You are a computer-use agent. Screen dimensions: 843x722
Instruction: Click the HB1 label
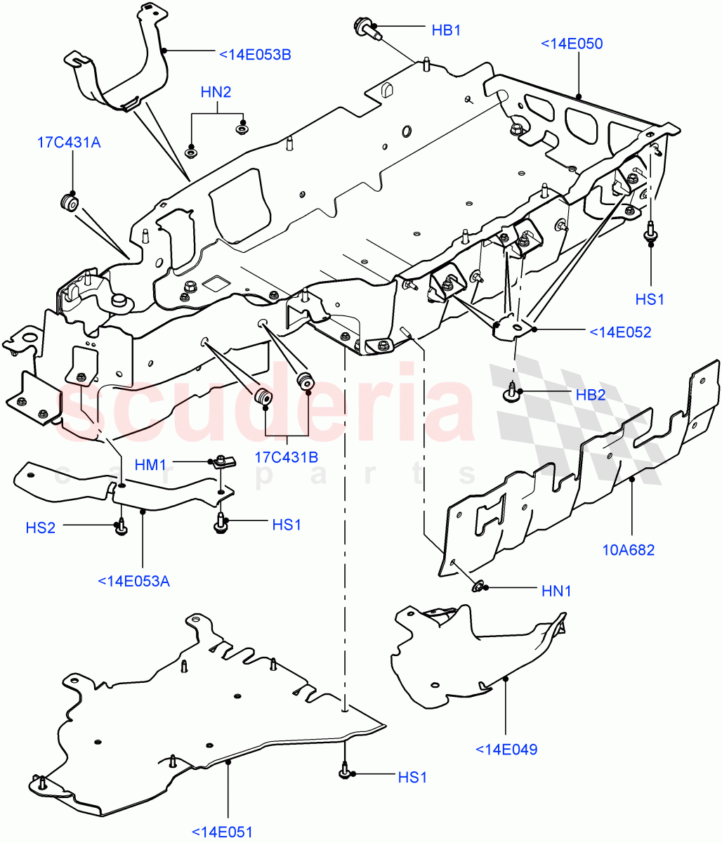445,31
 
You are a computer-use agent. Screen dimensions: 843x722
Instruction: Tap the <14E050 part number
572,44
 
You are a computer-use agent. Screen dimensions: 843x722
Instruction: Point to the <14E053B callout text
255,53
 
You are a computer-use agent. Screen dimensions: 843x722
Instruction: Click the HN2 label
216,92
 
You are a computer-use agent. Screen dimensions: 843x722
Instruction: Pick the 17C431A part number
69,143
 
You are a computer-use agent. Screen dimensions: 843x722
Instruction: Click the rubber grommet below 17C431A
69,202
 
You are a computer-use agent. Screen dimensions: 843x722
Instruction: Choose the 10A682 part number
628,550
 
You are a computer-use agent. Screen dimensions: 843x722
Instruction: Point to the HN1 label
556,592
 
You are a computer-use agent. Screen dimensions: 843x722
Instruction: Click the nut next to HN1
479,586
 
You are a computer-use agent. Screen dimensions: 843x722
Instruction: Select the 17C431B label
286,457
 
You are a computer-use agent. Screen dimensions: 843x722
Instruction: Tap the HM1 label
150,464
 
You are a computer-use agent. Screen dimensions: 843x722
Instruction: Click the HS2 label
41,528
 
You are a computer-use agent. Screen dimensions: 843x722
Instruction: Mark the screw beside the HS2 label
121,527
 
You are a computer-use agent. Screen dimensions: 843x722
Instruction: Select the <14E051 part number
222,832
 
